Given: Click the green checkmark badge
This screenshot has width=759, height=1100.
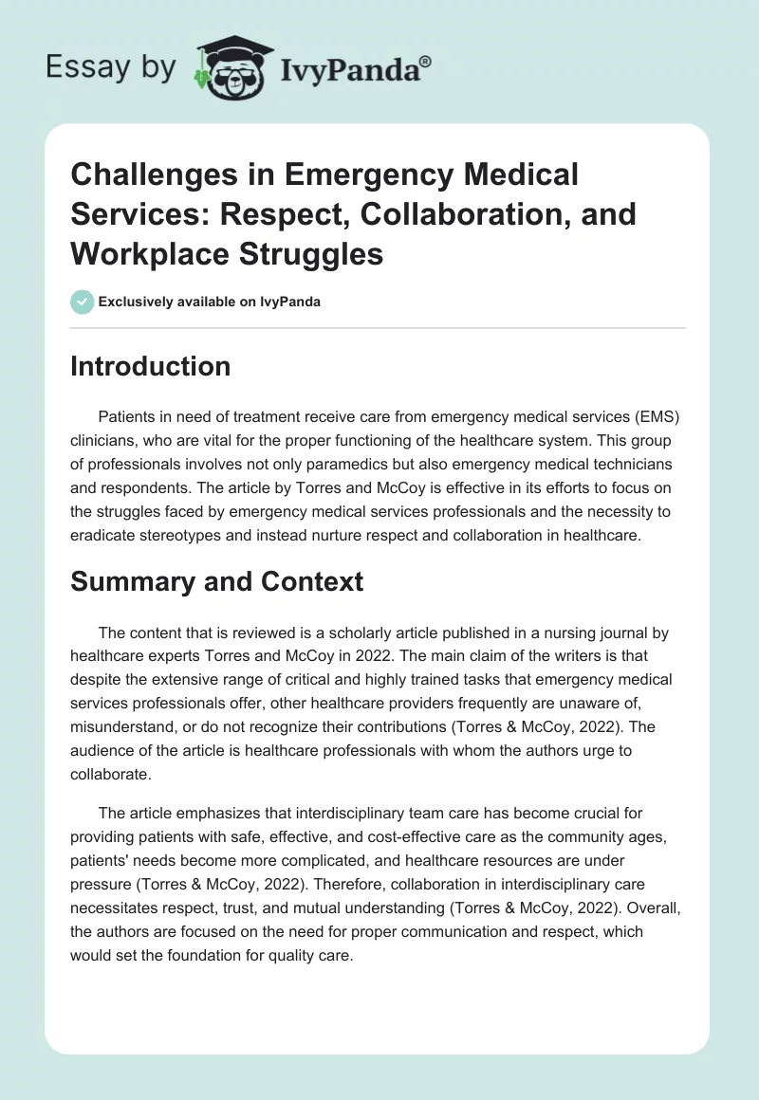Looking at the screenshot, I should click(x=82, y=302).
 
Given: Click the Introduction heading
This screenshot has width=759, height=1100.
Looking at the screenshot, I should click(x=150, y=366).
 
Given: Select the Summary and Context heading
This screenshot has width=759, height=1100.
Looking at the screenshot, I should click(x=216, y=580).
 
